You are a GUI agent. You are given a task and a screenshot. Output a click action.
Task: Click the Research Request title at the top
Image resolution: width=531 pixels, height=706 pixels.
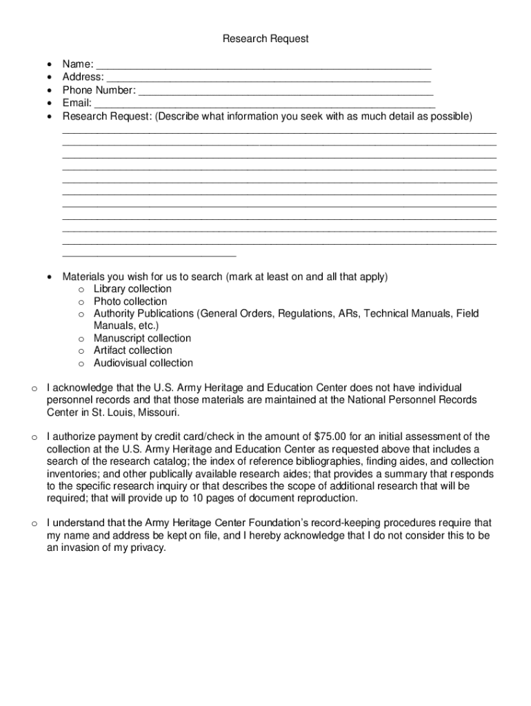tap(265, 39)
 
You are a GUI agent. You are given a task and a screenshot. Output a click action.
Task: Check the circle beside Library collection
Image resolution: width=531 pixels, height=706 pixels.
tap(81, 290)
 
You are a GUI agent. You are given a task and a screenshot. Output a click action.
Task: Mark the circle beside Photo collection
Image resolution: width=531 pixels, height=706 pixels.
tap(81, 302)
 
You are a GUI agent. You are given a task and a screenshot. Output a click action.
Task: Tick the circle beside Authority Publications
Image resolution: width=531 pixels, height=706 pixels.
tap(81, 314)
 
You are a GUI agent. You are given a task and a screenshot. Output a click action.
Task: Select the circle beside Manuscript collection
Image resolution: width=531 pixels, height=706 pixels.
tap(81, 339)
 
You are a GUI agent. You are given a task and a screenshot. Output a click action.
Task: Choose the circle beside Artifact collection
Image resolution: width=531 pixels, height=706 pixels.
tap(81, 351)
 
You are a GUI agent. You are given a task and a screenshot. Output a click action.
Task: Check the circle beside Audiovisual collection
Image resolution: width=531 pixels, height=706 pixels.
tap(81, 363)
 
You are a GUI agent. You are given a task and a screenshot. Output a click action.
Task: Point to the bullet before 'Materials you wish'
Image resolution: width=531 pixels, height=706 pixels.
tap(49, 277)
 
